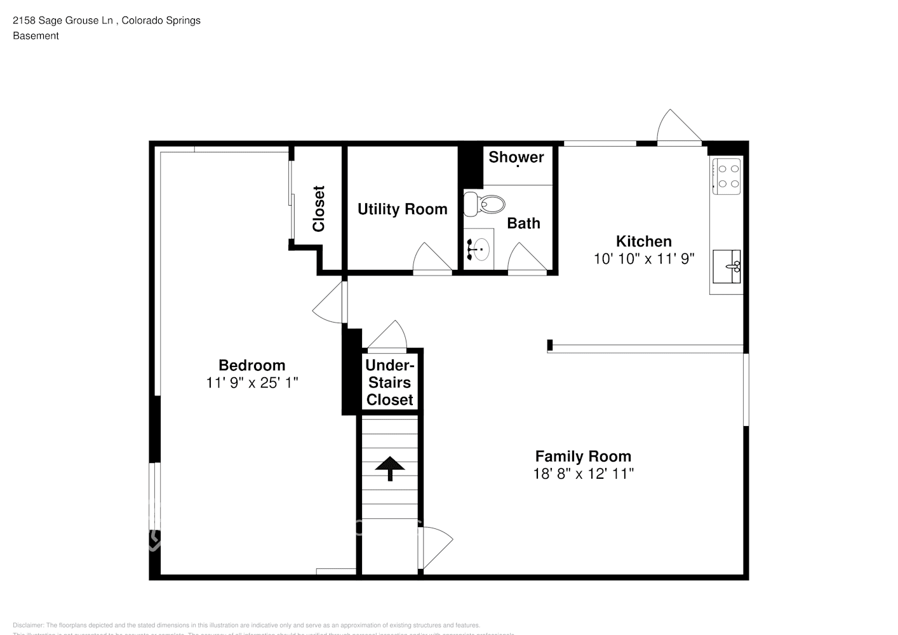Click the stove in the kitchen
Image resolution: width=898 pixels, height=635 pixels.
[727, 177]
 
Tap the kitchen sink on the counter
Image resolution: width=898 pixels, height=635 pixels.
[727, 267]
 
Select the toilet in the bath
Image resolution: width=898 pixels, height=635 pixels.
[484, 204]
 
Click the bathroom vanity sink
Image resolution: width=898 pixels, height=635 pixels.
[479, 249]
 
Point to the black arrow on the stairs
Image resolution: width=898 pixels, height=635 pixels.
[389, 469]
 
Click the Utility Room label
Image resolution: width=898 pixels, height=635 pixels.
[402, 209]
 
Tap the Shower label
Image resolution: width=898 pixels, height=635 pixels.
[516, 157]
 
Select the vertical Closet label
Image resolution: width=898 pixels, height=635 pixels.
[318, 208]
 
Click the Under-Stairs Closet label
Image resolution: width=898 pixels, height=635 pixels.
[389, 382]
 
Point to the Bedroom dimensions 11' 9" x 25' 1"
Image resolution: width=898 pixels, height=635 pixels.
[251, 383]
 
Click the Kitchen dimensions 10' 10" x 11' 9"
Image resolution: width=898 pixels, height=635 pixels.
[643, 258]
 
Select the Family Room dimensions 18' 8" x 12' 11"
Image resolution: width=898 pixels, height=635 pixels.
[583, 474]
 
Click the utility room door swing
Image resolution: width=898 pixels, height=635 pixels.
[432, 259]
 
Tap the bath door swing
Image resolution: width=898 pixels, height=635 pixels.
[526, 258]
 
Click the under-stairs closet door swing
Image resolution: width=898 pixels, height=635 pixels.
[387, 337]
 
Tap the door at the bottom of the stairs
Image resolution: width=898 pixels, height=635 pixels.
[435, 547]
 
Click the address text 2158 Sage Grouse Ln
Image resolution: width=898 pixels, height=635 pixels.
[63, 20]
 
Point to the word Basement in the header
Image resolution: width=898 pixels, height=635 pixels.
[36, 36]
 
